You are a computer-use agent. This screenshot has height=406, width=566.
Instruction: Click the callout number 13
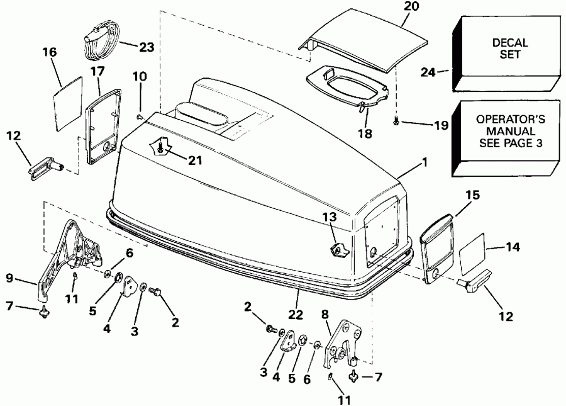pyautogui.click(x=328, y=217)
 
